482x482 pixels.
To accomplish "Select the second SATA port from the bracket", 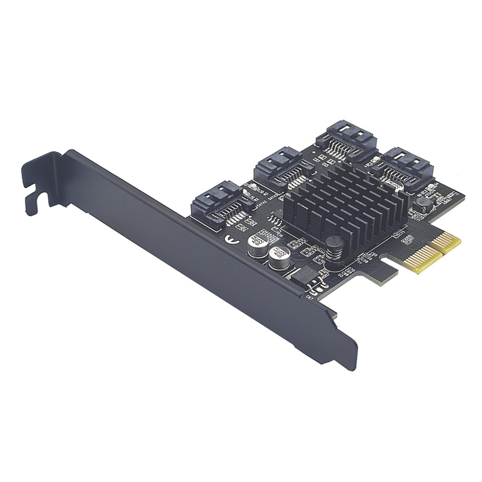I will click(x=278, y=166).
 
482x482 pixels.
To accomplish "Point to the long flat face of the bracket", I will click(x=181, y=241).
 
